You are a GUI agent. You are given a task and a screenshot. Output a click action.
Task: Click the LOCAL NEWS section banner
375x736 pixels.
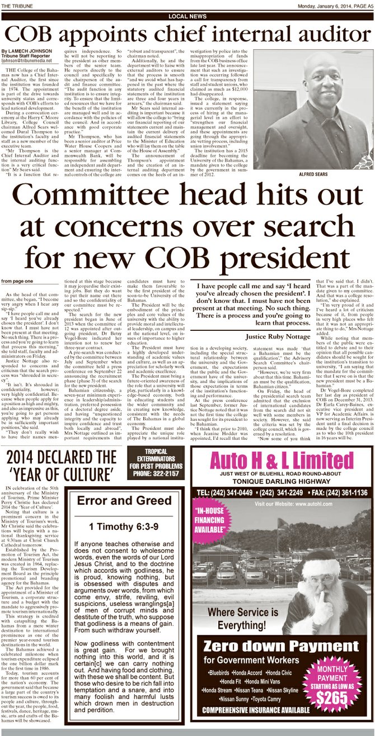click(x=187, y=17)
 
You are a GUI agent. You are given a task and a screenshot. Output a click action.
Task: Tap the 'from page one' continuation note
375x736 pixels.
click(x=17, y=281)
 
